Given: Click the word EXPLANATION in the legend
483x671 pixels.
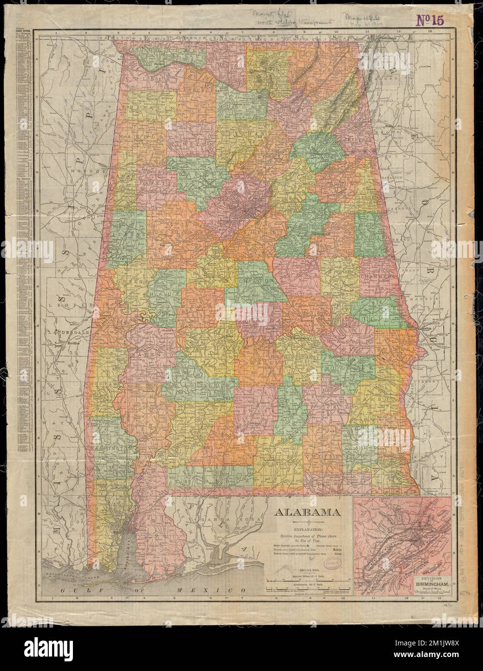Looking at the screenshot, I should [307, 528].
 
